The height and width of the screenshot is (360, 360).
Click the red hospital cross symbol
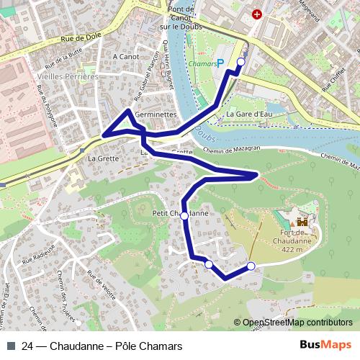[257, 14]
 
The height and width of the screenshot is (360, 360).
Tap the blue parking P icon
[221, 63]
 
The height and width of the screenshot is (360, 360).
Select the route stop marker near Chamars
[240, 62]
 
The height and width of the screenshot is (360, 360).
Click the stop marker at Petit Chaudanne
[184, 215]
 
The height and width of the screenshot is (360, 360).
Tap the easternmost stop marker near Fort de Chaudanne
[251, 266]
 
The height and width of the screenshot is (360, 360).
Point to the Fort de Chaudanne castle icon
[302, 220]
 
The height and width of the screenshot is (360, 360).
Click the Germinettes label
[155, 114]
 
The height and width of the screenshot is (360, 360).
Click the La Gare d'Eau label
[249, 114]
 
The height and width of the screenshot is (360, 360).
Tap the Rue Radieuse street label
[43, 264]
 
